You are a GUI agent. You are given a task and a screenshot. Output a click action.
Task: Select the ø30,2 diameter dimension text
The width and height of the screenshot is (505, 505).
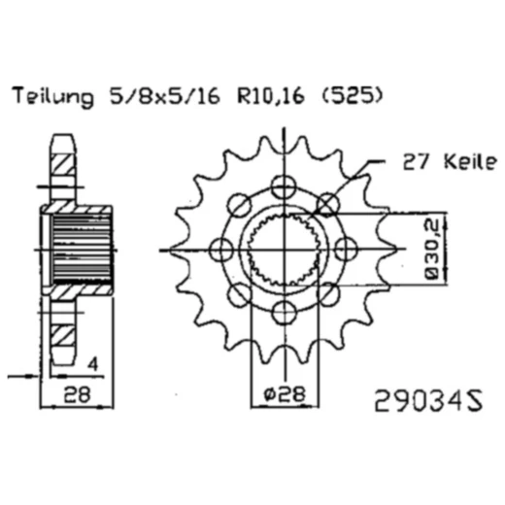[x=433, y=250]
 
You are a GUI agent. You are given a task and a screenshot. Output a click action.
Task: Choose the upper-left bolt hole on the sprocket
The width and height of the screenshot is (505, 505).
[x=238, y=204]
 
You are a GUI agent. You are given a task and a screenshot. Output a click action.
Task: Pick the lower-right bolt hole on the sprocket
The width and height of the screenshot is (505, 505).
[x=327, y=293]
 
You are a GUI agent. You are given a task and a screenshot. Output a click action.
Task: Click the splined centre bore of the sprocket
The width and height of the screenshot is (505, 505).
[x=283, y=249]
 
